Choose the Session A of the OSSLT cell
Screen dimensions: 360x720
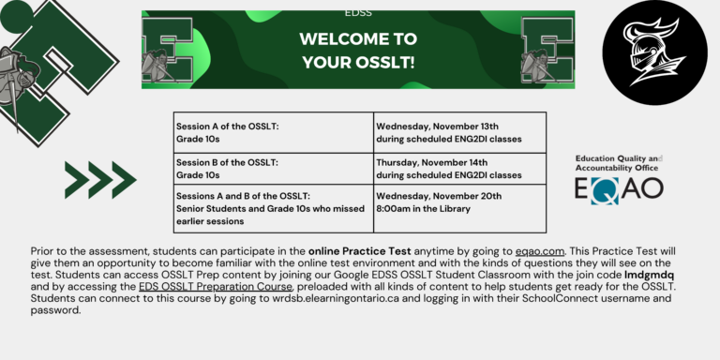[274, 133]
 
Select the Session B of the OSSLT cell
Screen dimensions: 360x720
[274, 168]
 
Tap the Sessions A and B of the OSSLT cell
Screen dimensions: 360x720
[274, 207]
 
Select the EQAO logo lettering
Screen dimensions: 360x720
[619, 188]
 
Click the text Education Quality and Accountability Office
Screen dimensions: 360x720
[619, 163]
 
